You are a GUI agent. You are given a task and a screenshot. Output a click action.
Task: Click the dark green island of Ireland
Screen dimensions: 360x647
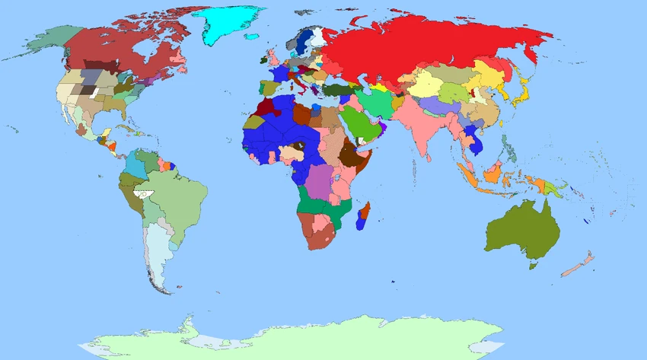pyautogui.click(x=263, y=59)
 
